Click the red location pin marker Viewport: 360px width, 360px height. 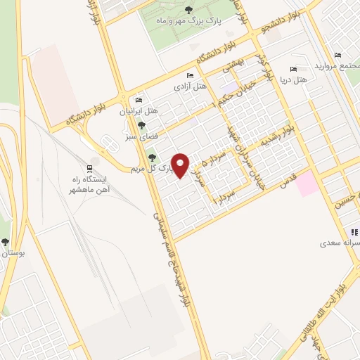(181, 165)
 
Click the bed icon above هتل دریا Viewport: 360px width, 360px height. (293, 70)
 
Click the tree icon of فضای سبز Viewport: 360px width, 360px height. (142, 126)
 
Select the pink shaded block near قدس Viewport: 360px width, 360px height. (306, 185)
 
